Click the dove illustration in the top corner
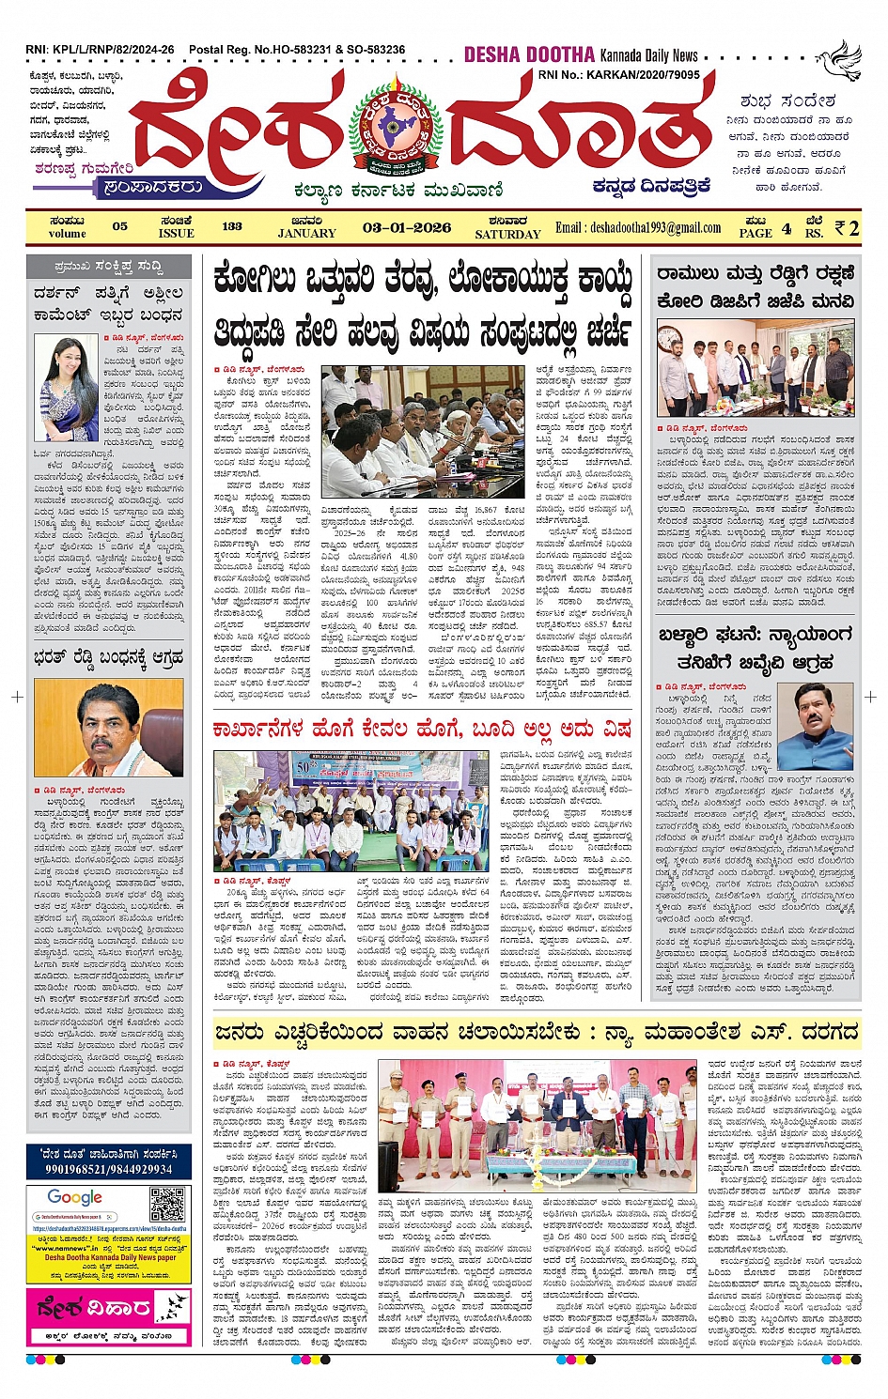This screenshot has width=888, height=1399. [838, 57]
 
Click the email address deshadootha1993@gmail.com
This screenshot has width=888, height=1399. [638, 227]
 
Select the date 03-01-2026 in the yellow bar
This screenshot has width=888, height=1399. [406, 227]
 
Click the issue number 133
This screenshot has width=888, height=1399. [232, 226]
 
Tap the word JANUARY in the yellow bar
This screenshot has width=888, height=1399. [306, 233]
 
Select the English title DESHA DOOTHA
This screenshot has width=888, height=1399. [529, 54]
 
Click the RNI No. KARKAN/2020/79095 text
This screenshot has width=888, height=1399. [618, 74]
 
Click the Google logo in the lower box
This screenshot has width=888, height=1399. [75, 1197]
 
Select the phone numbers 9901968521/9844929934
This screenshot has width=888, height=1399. [109, 1169]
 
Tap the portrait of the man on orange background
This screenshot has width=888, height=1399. [108, 728]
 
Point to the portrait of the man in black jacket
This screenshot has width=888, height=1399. [818, 726]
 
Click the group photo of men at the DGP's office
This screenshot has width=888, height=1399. [756, 367]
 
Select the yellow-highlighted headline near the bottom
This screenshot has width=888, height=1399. [536, 1033]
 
